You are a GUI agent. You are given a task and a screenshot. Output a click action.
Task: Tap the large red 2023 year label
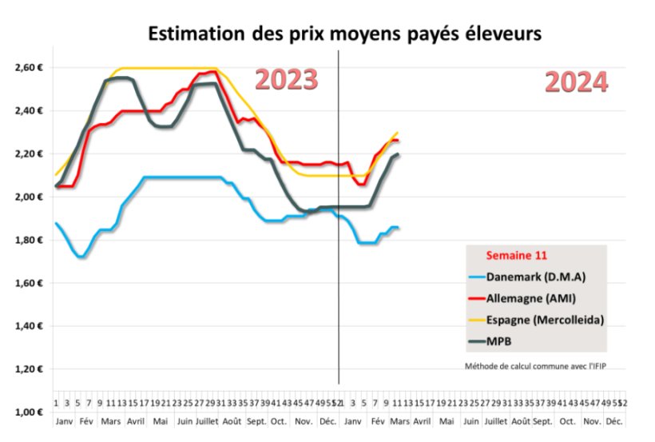pos(286,80)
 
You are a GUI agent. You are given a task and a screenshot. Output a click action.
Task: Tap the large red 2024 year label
pos(576,82)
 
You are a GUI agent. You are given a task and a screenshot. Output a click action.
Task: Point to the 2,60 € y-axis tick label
pos(28,68)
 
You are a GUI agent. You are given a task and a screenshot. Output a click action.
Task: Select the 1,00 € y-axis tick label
pos(28,412)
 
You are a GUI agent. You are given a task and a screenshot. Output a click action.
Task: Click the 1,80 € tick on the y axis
pos(28,241)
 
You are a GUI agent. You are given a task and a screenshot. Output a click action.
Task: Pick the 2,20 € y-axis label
pos(28,154)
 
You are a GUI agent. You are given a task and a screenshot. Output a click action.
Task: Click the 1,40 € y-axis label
pos(28,327)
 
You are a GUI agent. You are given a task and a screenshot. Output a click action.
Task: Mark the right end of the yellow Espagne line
pos(398,133)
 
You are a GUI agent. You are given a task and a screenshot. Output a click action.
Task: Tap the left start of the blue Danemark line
pos(55,223)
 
